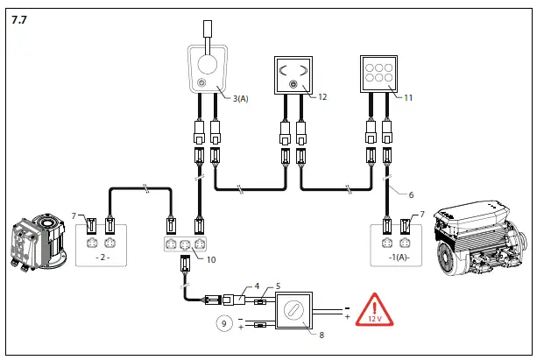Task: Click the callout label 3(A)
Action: click(x=241, y=98)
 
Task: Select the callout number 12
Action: click(x=322, y=96)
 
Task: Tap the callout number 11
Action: click(x=408, y=96)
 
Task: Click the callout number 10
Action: click(x=210, y=260)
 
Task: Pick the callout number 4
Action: click(x=257, y=286)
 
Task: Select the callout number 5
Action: click(x=278, y=286)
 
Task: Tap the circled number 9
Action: click(x=223, y=324)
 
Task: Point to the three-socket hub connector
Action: click(x=187, y=244)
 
